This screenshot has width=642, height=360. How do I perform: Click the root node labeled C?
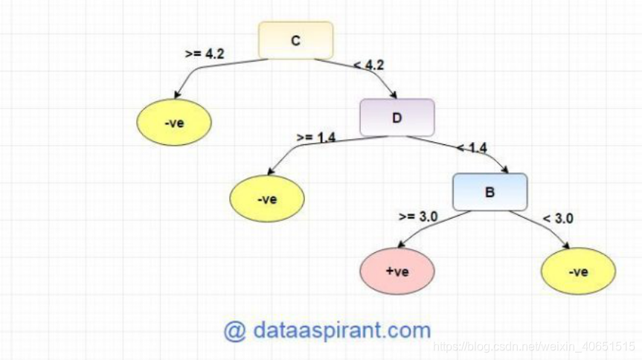295,40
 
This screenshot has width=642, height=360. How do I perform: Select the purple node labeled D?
397,118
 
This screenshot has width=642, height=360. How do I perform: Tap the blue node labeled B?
489,192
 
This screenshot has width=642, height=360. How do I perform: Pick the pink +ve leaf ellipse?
397,271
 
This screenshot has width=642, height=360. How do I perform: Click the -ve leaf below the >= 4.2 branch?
174,122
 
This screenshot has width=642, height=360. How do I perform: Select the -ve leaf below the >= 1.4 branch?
266,199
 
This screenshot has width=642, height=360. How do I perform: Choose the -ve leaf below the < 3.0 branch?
578,271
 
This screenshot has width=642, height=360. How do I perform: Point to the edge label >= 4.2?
204,54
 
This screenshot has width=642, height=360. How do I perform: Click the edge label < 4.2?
369,65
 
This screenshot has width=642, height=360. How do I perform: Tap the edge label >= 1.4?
315,137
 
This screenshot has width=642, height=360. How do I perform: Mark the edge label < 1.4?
472,148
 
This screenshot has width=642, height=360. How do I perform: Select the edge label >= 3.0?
417,216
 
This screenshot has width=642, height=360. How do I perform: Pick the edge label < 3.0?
558,218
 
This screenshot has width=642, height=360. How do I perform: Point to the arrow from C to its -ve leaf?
201,70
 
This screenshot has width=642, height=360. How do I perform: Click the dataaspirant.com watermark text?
327,330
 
